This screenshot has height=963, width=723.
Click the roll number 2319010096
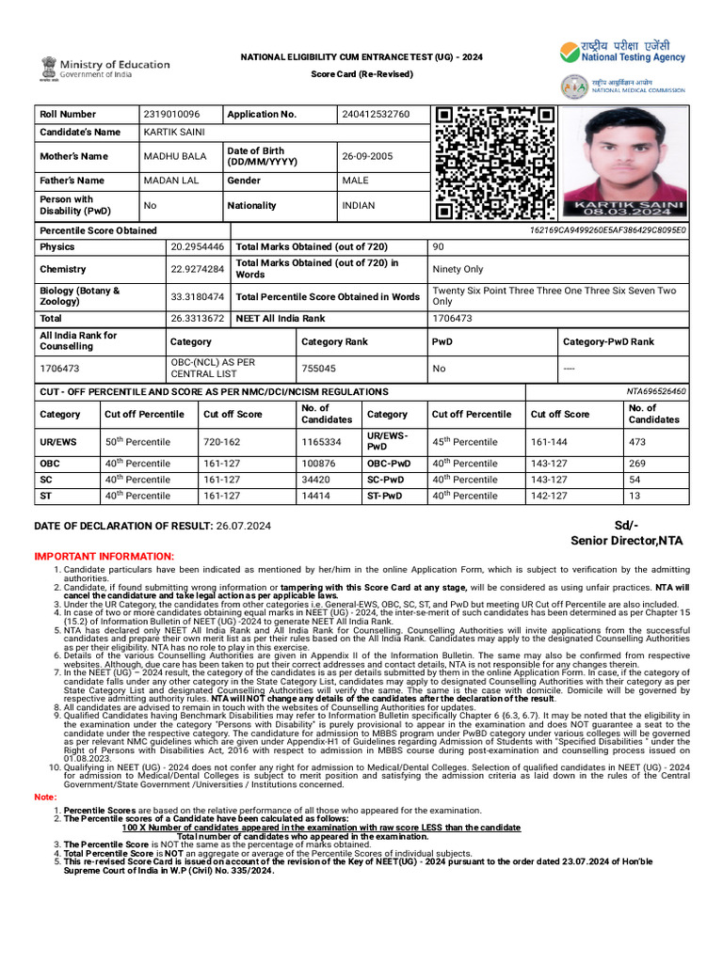(x=169, y=114)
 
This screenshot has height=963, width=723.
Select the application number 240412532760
(x=376, y=114)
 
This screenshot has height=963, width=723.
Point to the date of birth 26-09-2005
(x=367, y=156)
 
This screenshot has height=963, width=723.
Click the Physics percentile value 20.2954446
(x=198, y=246)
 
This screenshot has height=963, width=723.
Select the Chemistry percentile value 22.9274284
(x=198, y=269)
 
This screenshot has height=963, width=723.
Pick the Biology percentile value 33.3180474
(x=198, y=296)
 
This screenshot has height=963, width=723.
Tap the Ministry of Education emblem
(x=48, y=68)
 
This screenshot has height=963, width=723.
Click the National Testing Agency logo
(x=621, y=52)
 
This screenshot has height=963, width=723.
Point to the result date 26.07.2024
(x=243, y=526)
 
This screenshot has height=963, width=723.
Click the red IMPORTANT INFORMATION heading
(x=104, y=557)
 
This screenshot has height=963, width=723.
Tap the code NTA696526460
(x=656, y=391)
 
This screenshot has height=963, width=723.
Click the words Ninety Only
(x=458, y=269)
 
